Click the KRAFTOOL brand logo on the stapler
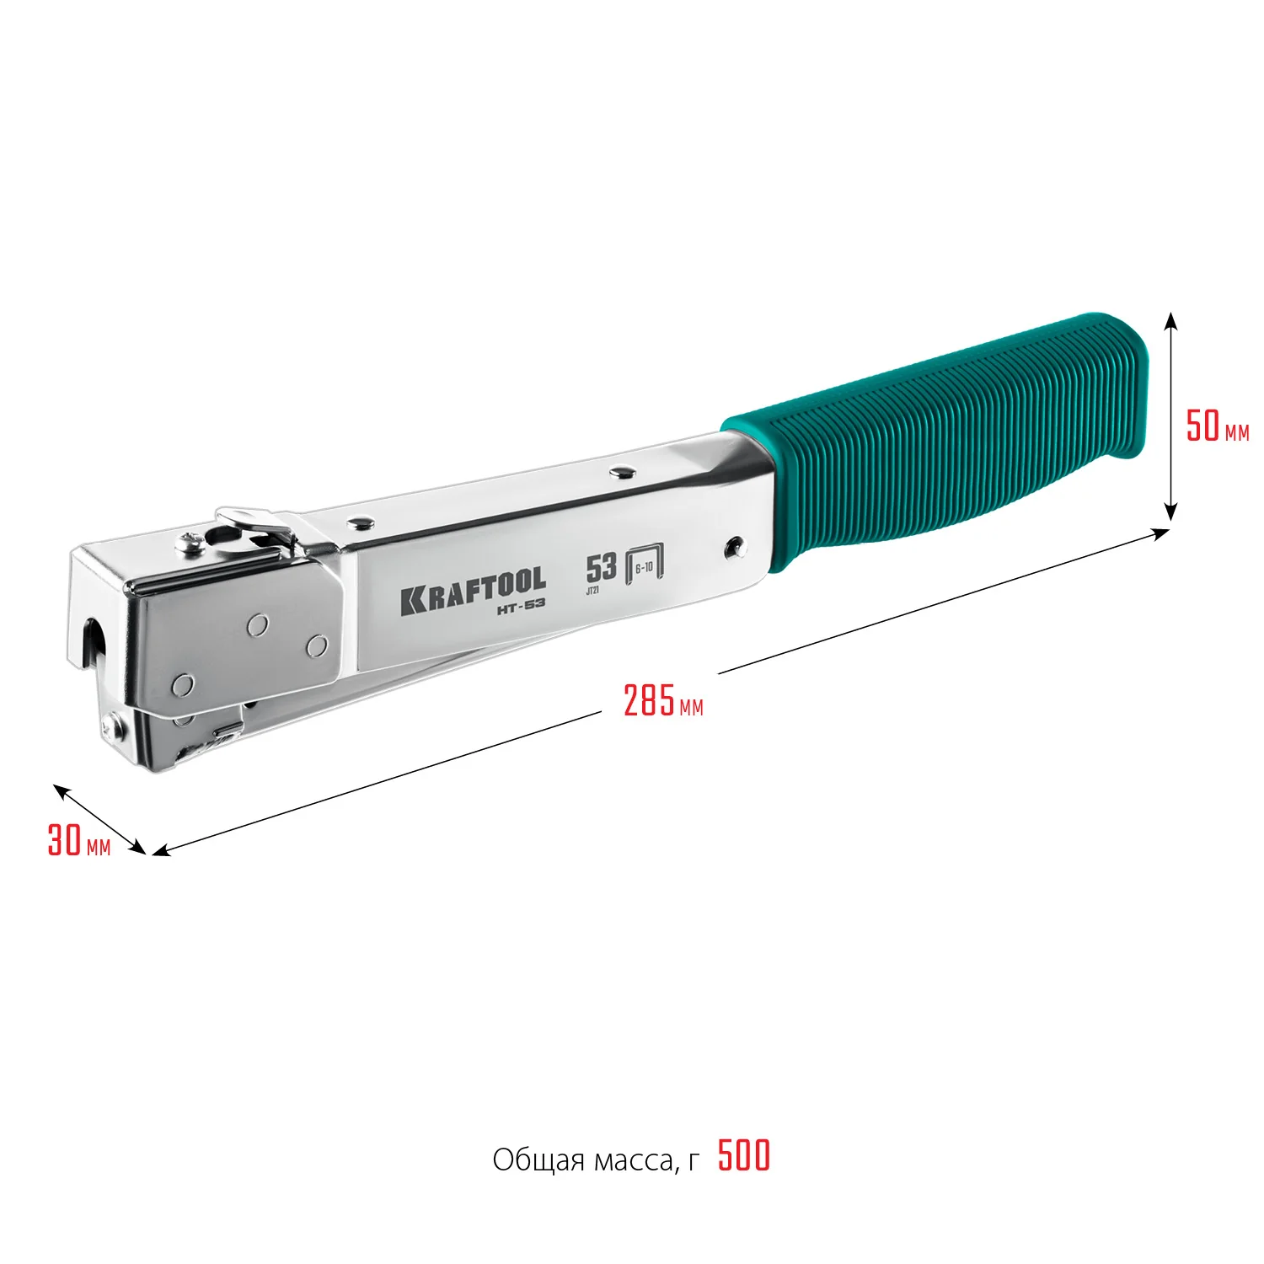[x=473, y=589]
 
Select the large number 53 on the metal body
[x=601, y=567]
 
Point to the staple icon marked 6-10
[x=645, y=565]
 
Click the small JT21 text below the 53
[x=592, y=591]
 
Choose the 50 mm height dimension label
[x=1216, y=426]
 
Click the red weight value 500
[x=744, y=1156]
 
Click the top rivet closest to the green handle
[x=623, y=471]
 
